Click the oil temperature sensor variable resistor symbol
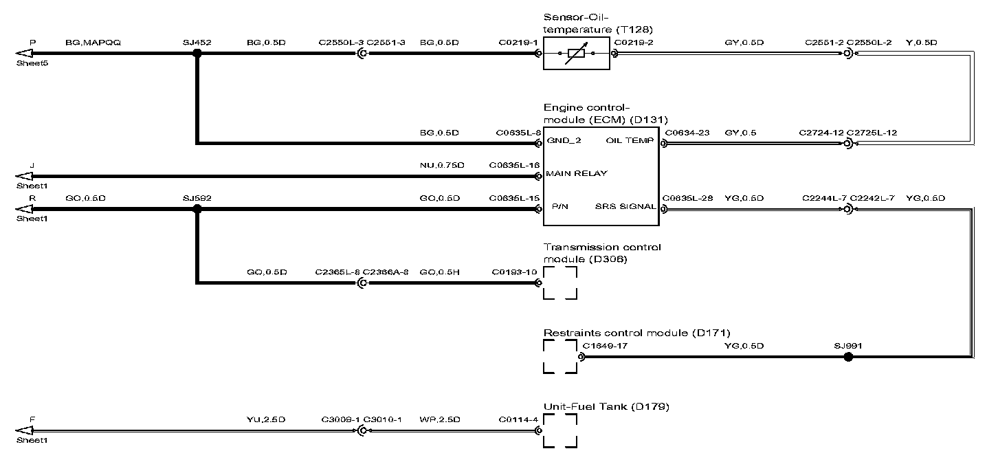576,54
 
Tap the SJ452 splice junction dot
197,54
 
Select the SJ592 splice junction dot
197,210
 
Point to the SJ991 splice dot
848,357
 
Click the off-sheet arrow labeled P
25,54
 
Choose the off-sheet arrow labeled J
25,176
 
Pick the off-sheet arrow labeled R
25,210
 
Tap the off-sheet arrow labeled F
25,431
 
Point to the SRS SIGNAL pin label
625,207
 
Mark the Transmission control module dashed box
560,282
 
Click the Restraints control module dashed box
560,357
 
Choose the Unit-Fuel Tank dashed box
560,431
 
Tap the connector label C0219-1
518,43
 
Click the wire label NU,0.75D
441,165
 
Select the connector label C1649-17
605,346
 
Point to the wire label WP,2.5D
439,419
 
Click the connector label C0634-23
687,132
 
